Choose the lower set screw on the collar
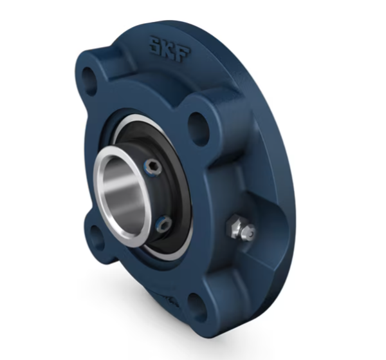click(x=165, y=225)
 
